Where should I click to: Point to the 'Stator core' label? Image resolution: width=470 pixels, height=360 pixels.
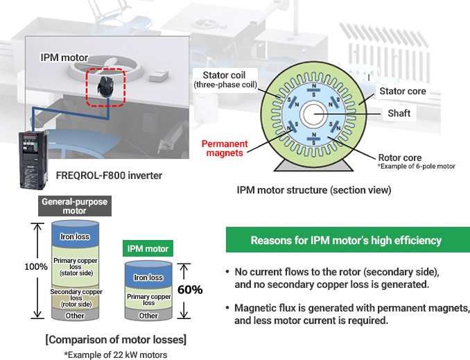[403, 91]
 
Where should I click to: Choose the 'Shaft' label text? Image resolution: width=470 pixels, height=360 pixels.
[399, 113]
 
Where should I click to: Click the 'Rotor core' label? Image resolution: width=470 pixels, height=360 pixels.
[400, 157]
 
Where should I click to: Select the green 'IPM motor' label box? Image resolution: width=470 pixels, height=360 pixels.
[148, 248]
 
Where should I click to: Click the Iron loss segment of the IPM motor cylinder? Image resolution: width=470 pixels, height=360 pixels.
[148, 277]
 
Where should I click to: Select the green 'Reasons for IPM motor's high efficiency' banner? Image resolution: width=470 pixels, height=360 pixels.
[347, 241]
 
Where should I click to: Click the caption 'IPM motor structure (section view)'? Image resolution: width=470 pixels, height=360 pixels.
[313, 189]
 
